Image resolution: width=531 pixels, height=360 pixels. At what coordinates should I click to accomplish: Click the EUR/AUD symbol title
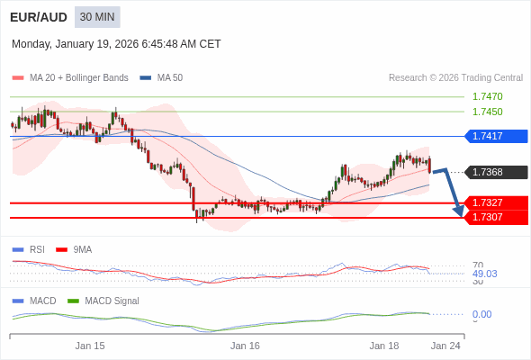[37, 17]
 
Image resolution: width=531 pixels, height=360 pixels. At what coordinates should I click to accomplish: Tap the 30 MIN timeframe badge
[97, 17]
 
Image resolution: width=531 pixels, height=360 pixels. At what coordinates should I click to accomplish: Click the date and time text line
[116, 44]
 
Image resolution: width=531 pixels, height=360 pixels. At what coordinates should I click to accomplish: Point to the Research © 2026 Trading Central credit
[455, 78]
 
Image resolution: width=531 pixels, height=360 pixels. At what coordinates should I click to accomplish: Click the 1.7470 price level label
[487, 96]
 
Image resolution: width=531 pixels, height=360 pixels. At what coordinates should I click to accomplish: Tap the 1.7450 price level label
[487, 112]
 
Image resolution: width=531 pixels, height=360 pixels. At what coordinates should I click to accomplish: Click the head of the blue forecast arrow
[459, 212]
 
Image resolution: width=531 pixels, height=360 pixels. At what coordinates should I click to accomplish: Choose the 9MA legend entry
[82, 249]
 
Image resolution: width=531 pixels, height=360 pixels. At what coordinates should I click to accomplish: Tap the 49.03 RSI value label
[484, 274]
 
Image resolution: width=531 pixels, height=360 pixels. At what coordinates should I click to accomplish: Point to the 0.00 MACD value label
[481, 314]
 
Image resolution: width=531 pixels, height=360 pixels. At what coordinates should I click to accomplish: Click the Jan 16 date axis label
[245, 346]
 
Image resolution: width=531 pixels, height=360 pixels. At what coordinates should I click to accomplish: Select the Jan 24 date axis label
[445, 346]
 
